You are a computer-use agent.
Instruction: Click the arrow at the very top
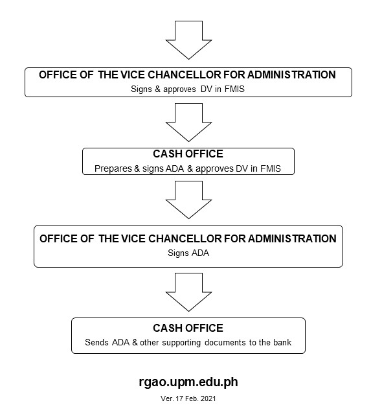tap(188, 40)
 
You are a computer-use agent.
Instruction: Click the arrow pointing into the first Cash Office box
tap(188, 122)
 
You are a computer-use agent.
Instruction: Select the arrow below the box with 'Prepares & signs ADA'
tap(188, 200)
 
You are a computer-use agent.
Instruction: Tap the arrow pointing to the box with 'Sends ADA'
tap(188, 292)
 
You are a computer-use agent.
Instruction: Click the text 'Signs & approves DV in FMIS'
tap(187, 89)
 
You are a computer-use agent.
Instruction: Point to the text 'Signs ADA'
tap(188, 253)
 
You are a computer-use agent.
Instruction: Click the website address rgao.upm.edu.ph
tap(188, 382)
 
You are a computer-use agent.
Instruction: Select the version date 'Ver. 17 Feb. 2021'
tap(188, 399)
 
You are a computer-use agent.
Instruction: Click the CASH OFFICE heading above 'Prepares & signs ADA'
tap(188, 154)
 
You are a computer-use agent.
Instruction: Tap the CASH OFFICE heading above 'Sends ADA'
tap(188, 328)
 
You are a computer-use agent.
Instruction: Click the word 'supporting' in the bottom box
tap(181, 343)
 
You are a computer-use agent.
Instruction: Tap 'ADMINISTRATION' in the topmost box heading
tap(291, 75)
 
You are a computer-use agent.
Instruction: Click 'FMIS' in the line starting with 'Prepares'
tap(271, 168)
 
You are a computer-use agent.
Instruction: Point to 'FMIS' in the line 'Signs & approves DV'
tap(234, 89)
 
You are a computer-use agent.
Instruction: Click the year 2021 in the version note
tap(208, 399)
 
